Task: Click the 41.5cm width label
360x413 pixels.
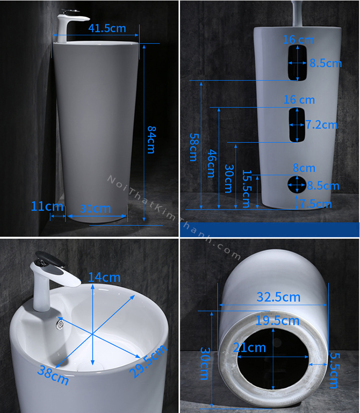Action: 107,28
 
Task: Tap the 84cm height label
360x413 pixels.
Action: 151,139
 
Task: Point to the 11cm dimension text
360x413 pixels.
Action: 47,206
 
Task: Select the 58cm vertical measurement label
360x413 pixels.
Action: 193,147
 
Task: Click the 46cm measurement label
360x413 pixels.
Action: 212,164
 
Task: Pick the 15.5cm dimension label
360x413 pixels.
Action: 247,189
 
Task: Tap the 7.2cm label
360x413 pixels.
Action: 321,124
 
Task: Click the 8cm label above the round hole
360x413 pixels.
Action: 304,168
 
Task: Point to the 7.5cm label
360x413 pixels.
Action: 315,204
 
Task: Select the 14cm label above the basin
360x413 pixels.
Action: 104,277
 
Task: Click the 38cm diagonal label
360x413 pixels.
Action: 53,375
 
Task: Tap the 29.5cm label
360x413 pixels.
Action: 148,361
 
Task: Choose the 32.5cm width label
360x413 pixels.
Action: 278,297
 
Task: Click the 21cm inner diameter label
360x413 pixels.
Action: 249,348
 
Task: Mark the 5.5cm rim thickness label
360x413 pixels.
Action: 334,370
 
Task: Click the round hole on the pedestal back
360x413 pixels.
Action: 297,184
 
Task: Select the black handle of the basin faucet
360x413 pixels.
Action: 50,259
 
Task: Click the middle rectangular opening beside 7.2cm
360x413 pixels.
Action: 297,125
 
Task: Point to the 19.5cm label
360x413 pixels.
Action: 278,321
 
